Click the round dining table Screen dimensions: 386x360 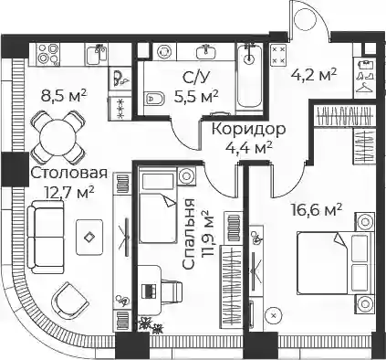(x=57, y=136)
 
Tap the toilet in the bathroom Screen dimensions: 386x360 (x=154, y=98)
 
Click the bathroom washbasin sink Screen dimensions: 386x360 (x=206, y=51)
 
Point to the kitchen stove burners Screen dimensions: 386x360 (x=48, y=54)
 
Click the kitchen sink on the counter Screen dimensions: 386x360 (x=97, y=54)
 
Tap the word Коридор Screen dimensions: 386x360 (x=249, y=129)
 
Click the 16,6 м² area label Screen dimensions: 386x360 (x=317, y=210)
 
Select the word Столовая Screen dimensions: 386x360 (x=69, y=174)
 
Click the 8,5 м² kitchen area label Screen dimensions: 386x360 (x=64, y=96)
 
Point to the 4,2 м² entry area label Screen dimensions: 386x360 (x=314, y=74)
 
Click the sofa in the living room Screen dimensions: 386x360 (x=46, y=237)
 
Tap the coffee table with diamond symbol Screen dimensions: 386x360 (x=89, y=238)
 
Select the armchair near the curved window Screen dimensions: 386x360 (x=70, y=300)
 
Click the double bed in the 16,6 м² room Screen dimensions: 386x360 (x=334, y=263)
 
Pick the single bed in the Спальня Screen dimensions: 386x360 (x=158, y=206)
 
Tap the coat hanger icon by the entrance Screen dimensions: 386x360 (x=365, y=88)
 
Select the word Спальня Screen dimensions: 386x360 (x=189, y=234)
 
